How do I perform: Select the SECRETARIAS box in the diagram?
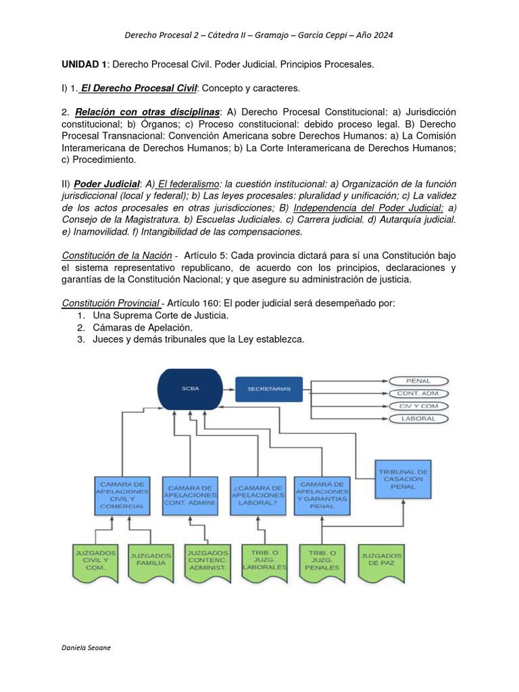268,389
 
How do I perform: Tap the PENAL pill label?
418,380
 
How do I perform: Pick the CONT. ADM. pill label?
418,393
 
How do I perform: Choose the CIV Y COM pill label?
418,405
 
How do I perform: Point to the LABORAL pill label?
418,418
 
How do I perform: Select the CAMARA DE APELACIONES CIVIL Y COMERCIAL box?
122,496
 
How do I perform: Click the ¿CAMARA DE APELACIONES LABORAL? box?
257,496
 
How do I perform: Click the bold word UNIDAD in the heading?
81,64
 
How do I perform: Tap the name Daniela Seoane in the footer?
86,647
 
